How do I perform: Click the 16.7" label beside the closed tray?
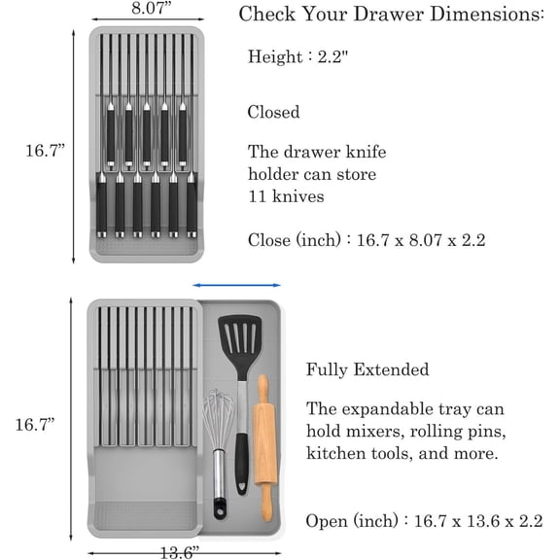click(44, 150)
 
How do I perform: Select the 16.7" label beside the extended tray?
click(35, 425)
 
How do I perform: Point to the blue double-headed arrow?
click(237, 285)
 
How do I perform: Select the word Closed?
click(273, 112)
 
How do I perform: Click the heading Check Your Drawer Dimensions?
click(392, 14)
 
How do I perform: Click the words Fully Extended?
click(367, 369)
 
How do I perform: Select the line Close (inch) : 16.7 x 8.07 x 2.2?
click(366, 239)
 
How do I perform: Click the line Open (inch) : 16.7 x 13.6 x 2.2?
click(424, 520)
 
